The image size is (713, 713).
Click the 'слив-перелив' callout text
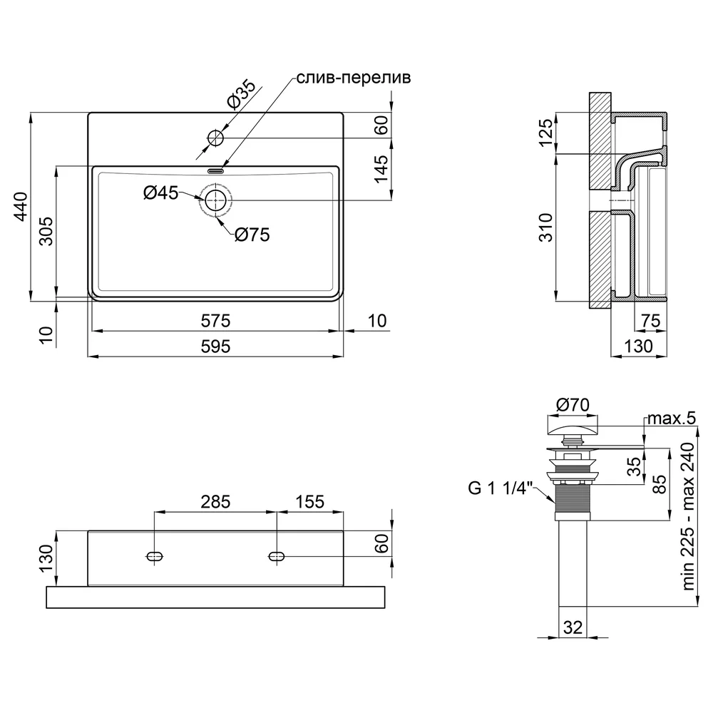354,78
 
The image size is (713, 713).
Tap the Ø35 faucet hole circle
215,138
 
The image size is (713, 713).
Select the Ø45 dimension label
160,193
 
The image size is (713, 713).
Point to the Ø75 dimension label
252,235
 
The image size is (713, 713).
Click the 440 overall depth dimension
21,207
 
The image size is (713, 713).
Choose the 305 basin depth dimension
46,232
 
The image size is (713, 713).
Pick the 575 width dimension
215,321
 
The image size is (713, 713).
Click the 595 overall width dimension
215,347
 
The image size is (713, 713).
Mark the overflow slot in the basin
215,171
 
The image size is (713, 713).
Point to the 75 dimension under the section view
651,321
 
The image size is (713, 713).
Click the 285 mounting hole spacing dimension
215,502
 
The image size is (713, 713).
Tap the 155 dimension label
309,502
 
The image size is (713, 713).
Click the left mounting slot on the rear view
155,555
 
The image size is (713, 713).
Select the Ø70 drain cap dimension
573,404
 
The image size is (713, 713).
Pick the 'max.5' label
672,419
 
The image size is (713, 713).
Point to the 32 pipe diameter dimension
573,627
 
